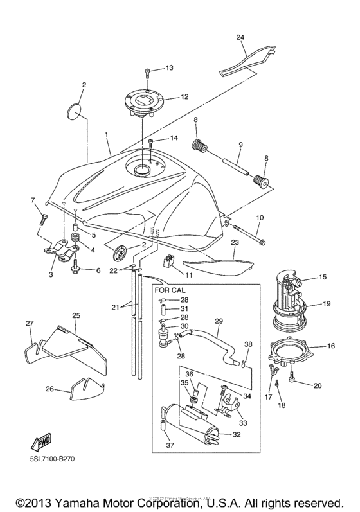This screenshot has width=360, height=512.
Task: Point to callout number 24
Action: (240, 38)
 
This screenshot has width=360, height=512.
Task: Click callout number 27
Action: (29, 324)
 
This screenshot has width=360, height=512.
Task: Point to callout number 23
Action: (235, 242)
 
